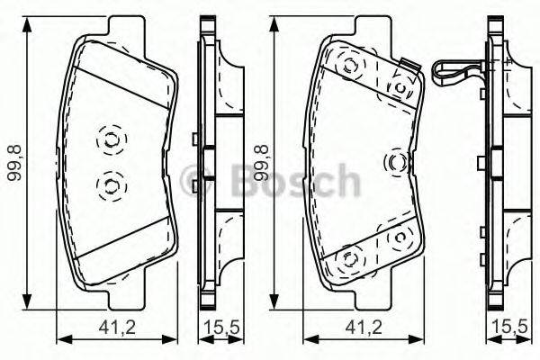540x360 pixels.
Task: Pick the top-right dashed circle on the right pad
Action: tap(399, 85)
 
